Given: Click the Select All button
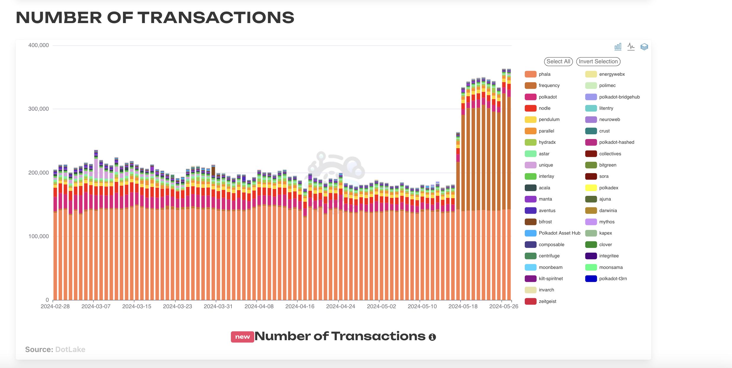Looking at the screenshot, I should click(x=558, y=62).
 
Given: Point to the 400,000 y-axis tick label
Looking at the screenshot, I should click(x=38, y=45).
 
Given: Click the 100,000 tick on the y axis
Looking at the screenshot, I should click(x=38, y=236).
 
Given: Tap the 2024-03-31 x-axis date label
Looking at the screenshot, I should click(x=218, y=306).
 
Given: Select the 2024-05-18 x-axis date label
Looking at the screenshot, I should click(x=463, y=306).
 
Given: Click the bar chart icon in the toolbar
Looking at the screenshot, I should click(x=618, y=47).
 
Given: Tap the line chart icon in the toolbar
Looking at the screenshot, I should click(x=631, y=47).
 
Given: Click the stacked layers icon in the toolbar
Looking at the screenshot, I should click(x=644, y=47).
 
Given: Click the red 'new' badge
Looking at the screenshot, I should click(x=242, y=337).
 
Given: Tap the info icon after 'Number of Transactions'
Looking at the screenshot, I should click(x=432, y=337).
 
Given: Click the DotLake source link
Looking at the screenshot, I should click(x=70, y=350).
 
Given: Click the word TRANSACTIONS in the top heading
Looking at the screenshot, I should click(x=216, y=18).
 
